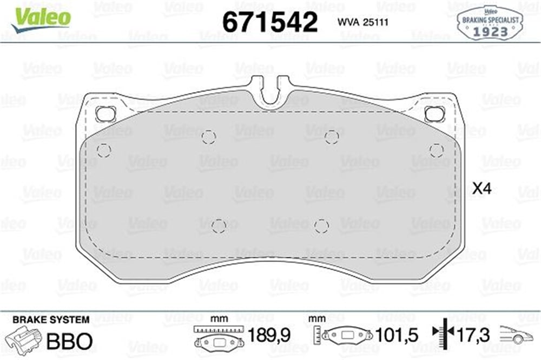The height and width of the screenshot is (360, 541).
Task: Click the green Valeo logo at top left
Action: point(41,19)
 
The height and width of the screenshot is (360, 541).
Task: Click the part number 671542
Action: point(270,22)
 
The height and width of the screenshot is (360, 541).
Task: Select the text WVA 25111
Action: point(362,22)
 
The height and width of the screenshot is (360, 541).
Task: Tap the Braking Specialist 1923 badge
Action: point(490,23)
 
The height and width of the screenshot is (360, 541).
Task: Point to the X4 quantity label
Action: point(481,188)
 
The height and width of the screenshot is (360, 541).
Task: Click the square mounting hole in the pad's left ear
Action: point(105,114)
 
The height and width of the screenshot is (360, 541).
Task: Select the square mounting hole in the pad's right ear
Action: point(434,114)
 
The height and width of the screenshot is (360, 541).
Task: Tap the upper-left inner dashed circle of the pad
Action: point(209,137)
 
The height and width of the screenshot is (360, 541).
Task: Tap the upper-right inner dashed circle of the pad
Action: point(332,137)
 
